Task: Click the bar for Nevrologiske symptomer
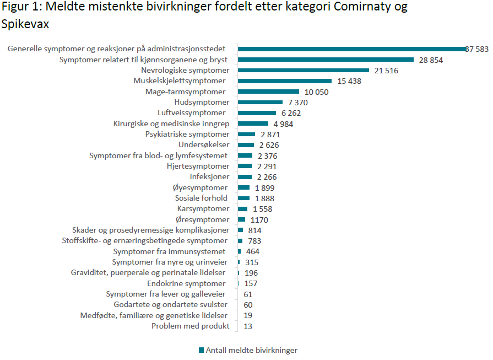303,70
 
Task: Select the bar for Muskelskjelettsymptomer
284,81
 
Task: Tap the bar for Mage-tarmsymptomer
268,92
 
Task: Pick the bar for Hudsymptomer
260,102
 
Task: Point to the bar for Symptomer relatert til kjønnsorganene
326,60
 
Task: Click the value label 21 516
386,71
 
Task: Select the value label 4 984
283,123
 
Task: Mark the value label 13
248,326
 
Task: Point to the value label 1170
259,220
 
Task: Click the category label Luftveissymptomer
191,113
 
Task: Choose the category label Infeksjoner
209,177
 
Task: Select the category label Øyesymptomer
200,187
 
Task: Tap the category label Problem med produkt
190,326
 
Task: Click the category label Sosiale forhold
201,198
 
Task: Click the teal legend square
201,350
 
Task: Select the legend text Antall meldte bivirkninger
252,350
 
